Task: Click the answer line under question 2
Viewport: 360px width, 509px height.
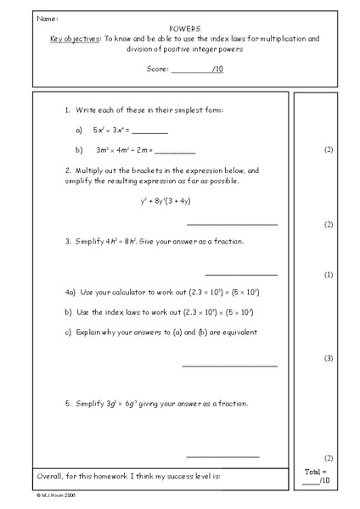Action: [x=231, y=224]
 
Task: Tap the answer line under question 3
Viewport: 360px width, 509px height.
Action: [x=240, y=274]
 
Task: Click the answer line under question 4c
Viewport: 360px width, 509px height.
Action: [x=229, y=366]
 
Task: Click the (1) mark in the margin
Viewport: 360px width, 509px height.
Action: [x=329, y=276]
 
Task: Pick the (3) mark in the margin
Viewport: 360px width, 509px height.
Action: [x=329, y=359]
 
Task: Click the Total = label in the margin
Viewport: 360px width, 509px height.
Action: [x=315, y=471]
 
